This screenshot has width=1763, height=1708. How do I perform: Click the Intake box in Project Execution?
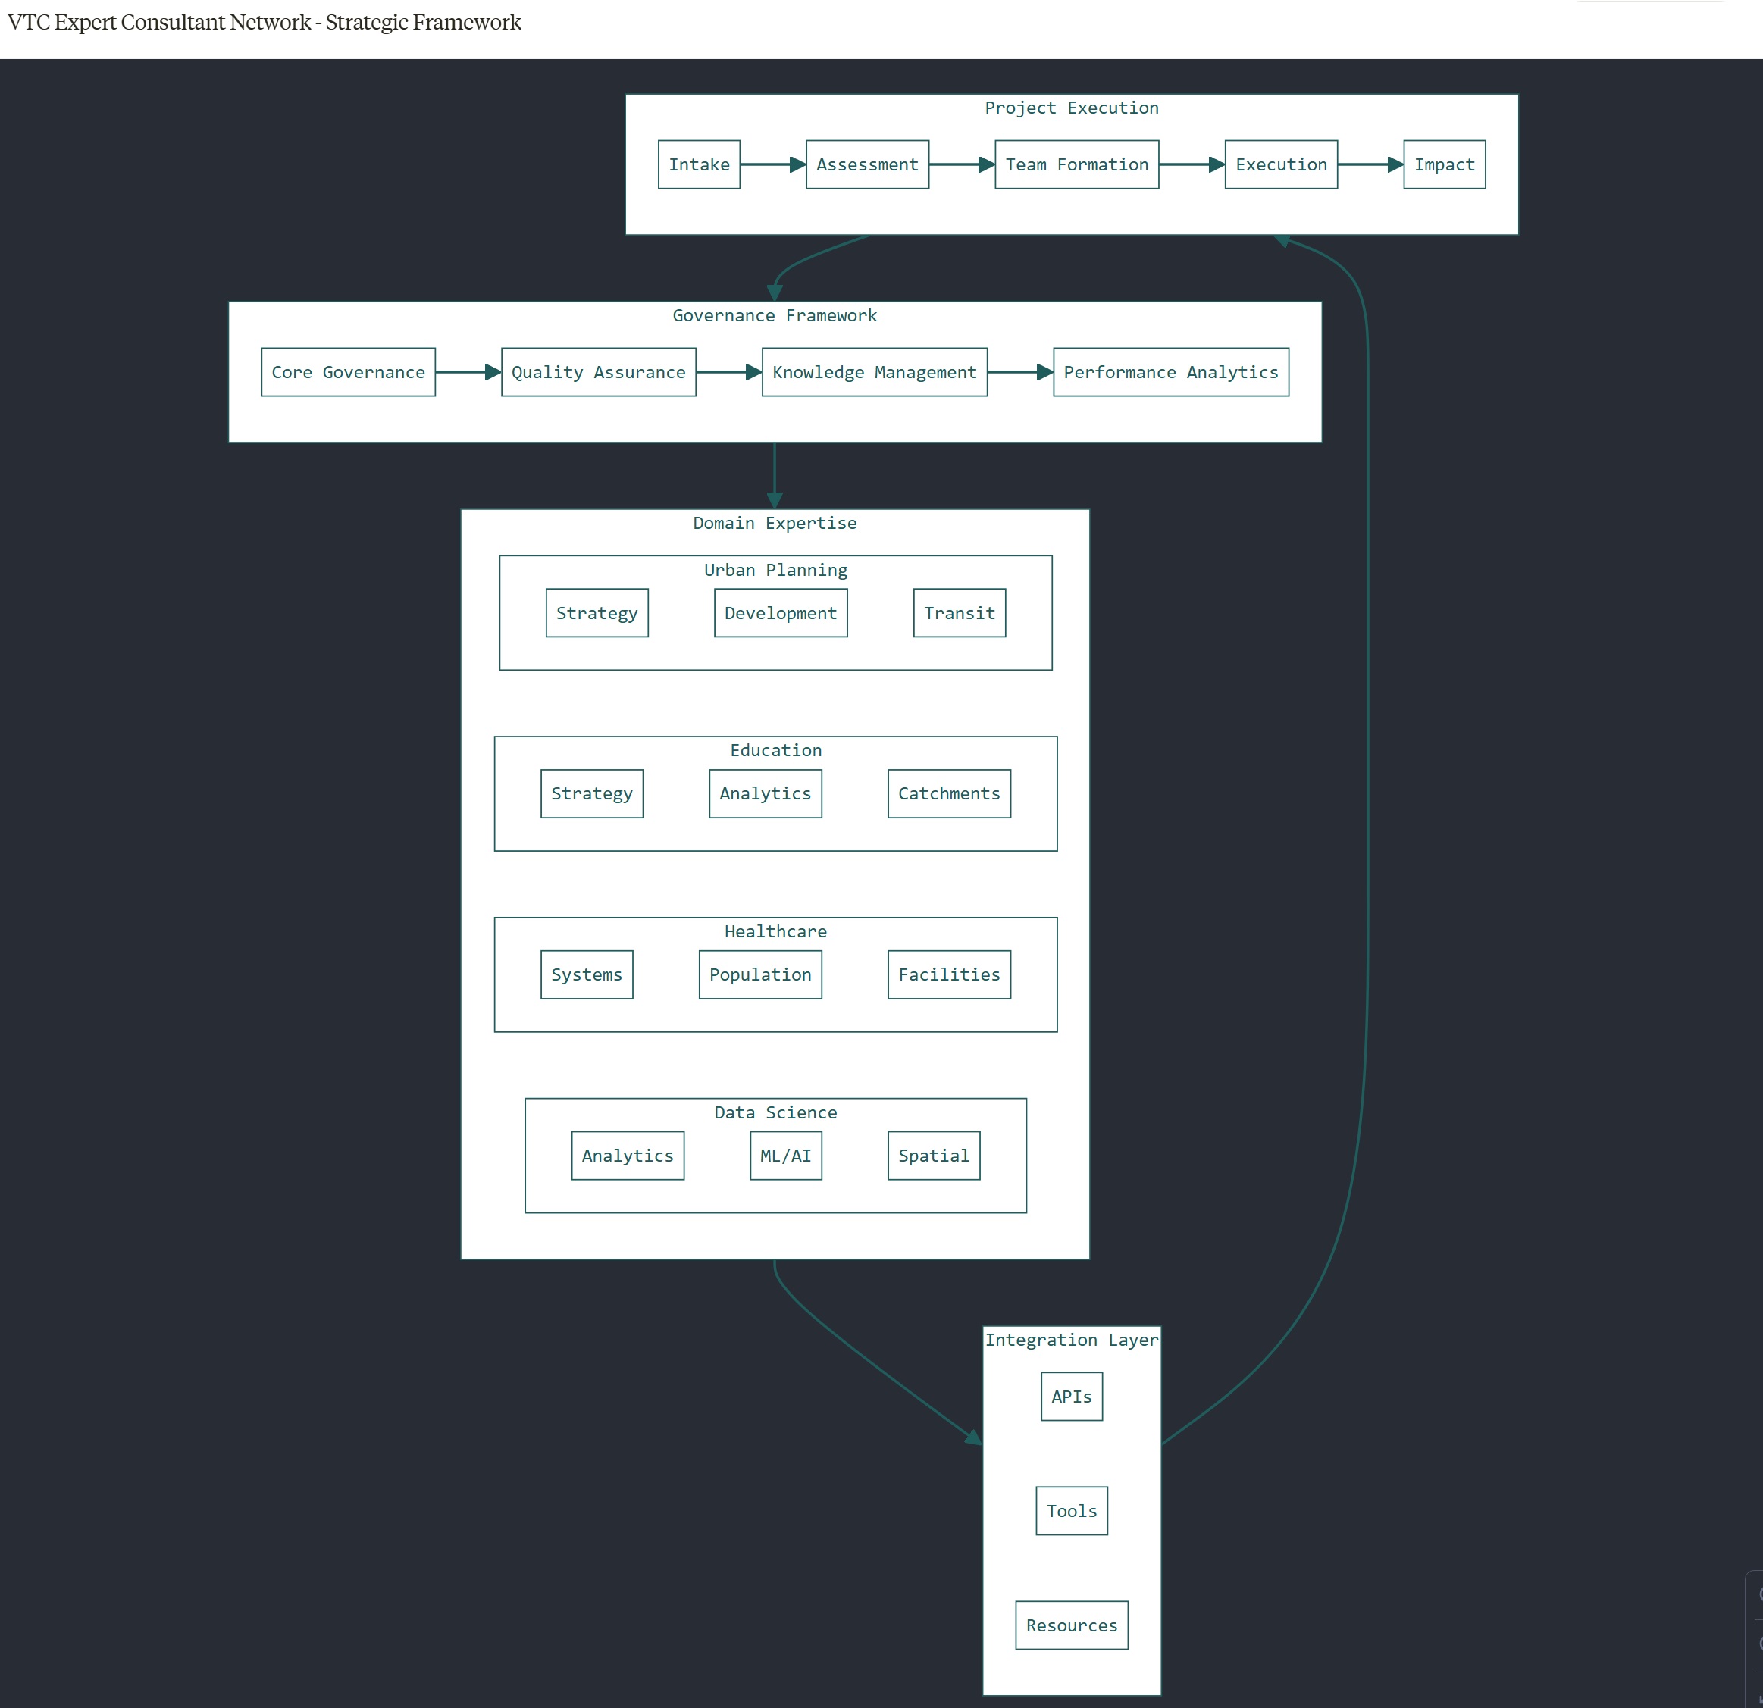[x=699, y=164]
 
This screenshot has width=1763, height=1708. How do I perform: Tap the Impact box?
[x=1444, y=164]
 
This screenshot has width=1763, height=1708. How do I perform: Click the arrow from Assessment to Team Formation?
[x=960, y=164]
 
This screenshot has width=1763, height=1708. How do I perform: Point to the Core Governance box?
[x=348, y=372]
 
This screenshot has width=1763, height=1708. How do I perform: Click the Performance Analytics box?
[x=1170, y=372]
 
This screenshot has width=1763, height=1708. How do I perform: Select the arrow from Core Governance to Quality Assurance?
[x=467, y=372]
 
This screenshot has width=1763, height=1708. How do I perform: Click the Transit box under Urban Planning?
[x=959, y=613]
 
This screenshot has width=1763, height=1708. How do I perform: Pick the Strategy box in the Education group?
[x=591, y=794]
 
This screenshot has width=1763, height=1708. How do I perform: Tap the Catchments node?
[x=948, y=794]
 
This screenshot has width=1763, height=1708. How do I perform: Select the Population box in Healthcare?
[x=759, y=975]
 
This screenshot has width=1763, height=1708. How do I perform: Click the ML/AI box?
[x=785, y=1156]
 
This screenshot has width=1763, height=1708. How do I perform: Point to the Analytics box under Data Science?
[x=627, y=1156]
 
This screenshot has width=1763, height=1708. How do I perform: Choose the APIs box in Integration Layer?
[x=1071, y=1397]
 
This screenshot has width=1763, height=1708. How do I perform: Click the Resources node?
[x=1071, y=1625]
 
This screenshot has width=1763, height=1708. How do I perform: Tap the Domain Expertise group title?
[x=775, y=524]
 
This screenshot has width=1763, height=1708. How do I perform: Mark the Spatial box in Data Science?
[x=934, y=1156]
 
